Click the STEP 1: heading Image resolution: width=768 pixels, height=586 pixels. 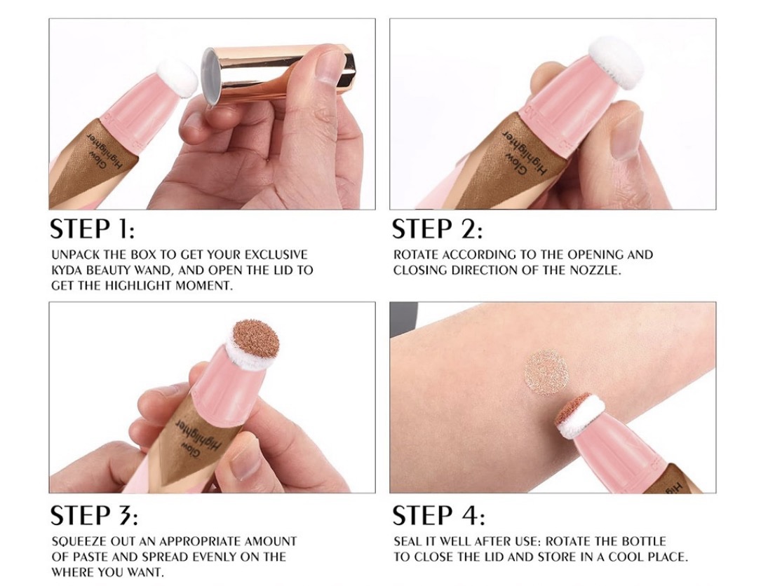[x=92, y=229]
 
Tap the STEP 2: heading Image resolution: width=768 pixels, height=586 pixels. [x=437, y=229]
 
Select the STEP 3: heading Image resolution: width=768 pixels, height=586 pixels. [x=94, y=515]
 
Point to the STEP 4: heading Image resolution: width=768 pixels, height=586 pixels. [x=438, y=515]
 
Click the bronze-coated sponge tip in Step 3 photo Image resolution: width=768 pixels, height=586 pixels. [x=255, y=340]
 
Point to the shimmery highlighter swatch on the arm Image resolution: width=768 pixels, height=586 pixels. [x=546, y=373]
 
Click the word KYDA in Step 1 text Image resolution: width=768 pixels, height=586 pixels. [x=66, y=271]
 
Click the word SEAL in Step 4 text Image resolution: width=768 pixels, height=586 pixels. [x=407, y=541]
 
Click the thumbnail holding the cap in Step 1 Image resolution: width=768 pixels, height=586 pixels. [x=330, y=65]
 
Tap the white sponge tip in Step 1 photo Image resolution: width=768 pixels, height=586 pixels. [x=177, y=79]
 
